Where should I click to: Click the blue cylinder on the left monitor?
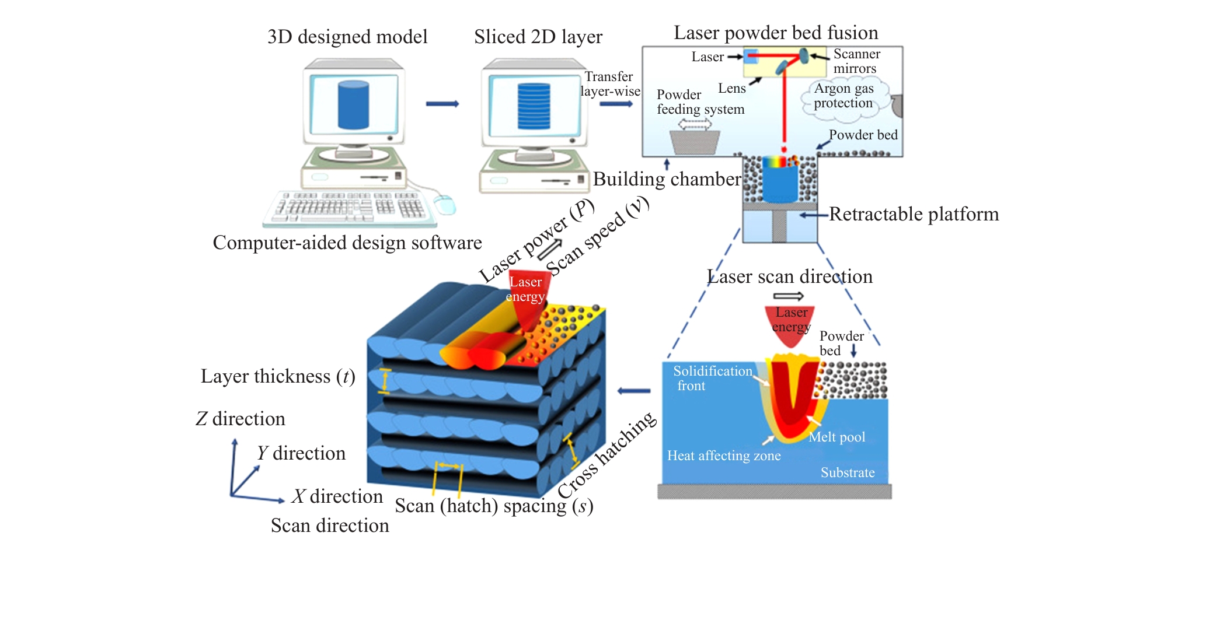353,105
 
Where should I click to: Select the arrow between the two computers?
442,104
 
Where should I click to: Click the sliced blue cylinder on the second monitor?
534,106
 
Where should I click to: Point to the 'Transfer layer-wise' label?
609,84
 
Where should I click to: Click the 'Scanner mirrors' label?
856,61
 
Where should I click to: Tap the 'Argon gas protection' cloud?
844,96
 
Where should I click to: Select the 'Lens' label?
731,88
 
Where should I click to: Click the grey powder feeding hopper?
695,142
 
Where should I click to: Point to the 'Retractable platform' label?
914,214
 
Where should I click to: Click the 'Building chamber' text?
667,179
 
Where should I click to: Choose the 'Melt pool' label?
837,437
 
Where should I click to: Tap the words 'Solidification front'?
712,379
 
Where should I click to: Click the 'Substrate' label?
848,472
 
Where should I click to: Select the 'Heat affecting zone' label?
724,456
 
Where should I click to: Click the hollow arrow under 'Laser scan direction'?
789,296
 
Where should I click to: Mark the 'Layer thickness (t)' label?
278,376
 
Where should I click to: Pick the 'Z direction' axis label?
240,419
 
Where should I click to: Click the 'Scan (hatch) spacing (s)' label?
494,506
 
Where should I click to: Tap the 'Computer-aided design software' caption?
347,243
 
